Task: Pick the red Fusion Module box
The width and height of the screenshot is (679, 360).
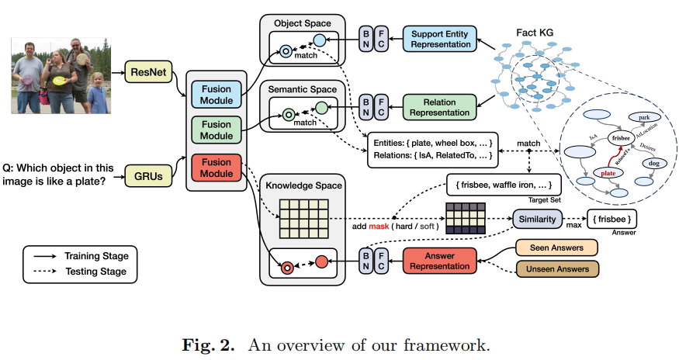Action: click(x=217, y=168)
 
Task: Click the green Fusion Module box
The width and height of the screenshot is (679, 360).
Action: click(x=217, y=131)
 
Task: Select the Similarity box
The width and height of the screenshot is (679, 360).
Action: click(x=537, y=220)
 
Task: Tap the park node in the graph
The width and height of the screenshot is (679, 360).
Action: click(x=642, y=116)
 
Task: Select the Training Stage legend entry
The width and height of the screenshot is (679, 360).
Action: click(x=93, y=255)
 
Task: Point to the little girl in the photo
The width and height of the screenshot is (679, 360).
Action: click(x=97, y=93)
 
